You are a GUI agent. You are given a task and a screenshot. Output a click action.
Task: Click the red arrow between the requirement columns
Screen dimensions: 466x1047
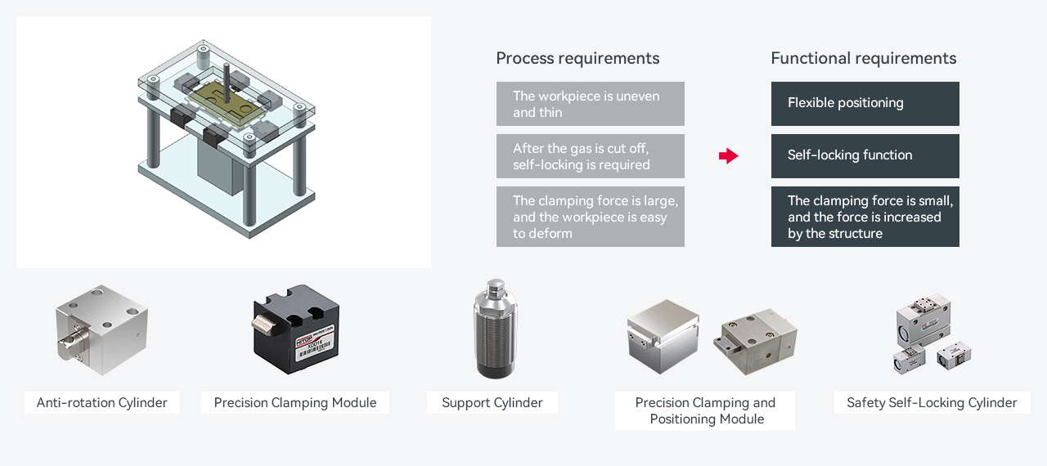tap(728, 156)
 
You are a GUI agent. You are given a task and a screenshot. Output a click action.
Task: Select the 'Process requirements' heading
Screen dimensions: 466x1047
tap(577, 58)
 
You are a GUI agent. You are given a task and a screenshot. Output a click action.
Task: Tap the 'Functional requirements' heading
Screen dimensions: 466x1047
tap(863, 58)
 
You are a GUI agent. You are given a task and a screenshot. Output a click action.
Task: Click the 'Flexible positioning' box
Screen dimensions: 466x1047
tap(865, 103)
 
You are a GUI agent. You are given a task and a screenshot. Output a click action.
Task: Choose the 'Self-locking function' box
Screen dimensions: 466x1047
tap(865, 155)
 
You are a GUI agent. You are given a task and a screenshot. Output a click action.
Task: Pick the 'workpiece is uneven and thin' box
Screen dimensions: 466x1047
tap(590, 104)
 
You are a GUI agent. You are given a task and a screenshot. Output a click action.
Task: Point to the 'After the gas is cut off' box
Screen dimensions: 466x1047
tap(590, 156)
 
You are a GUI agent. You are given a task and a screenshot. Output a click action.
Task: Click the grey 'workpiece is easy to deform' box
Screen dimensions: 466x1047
tap(590, 217)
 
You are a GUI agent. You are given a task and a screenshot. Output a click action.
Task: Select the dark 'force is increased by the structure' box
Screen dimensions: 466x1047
tap(865, 217)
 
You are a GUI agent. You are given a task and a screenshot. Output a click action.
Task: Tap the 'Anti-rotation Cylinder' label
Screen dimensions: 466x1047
tap(102, 402)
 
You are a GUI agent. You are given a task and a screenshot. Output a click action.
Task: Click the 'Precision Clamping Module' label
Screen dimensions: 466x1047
tap(295, 402)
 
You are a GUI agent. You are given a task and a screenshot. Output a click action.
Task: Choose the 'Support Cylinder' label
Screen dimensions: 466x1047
tap(492, 402)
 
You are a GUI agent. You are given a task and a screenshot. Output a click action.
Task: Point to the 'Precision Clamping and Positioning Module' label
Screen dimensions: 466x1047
tap(705, 410)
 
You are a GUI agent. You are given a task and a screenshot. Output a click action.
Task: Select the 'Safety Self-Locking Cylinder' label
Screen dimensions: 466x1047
tap(932, 402)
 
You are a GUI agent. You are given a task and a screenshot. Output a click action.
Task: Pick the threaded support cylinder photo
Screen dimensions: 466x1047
tap(495, 329)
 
